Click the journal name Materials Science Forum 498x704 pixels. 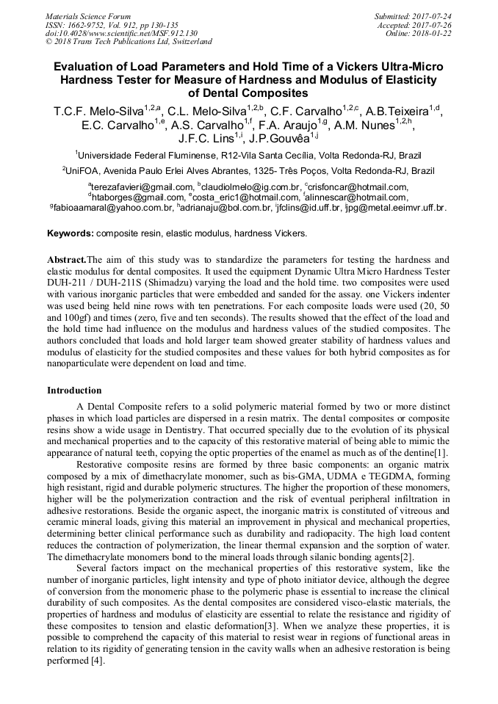[88, 15]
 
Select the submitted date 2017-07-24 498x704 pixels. [432, 15]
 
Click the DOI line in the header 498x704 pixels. [122, 33]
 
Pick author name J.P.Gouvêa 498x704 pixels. [279, 139]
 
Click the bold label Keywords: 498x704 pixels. [71, 233]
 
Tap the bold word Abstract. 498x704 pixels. [66, 260]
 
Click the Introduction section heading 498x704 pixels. [74, 391]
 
